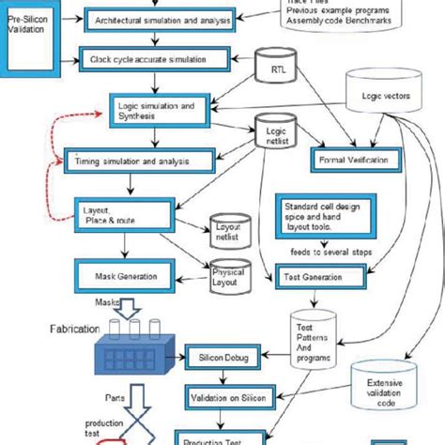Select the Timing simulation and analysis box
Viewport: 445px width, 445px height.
point(130,161)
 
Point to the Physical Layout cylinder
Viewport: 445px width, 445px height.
point(229,277)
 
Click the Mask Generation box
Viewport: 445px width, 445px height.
point(126,276)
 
